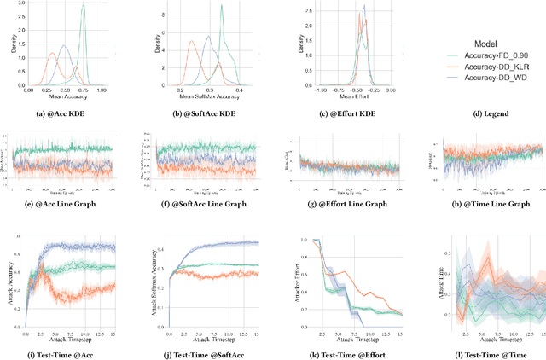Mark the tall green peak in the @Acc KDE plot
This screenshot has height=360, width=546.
point(83,8)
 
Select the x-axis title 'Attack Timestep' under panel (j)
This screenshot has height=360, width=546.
point(207,340)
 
